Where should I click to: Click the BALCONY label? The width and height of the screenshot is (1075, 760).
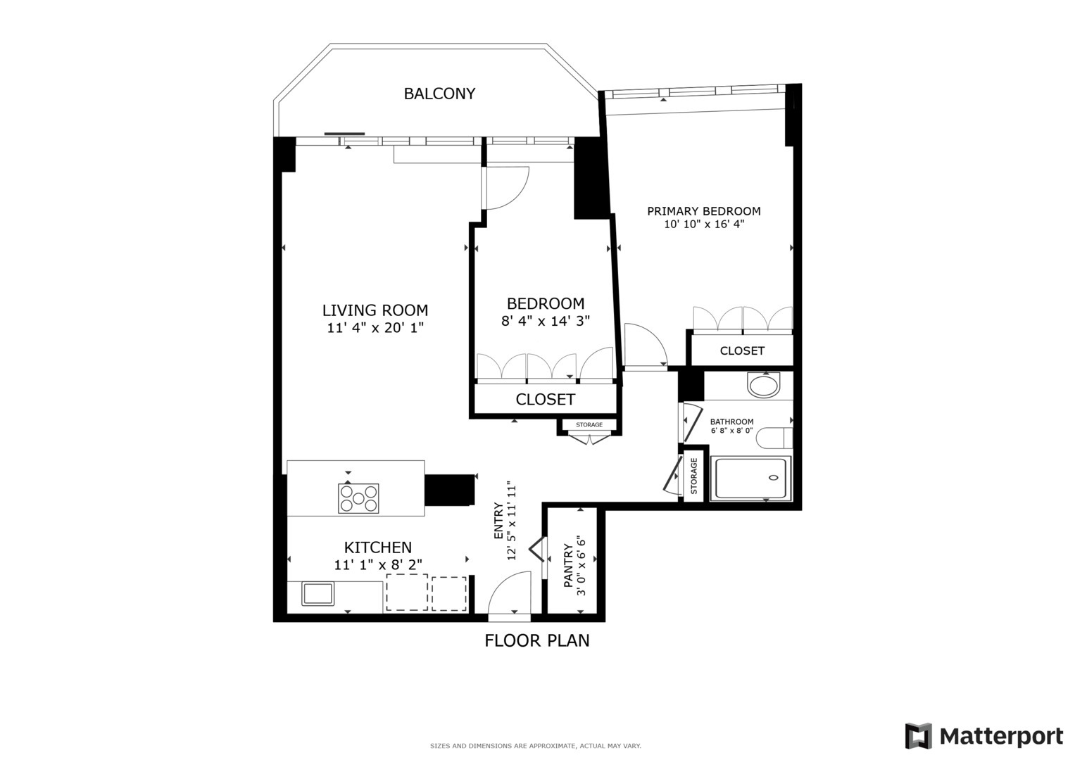(439, 94)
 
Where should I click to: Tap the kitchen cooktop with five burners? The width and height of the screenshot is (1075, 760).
(358, 498)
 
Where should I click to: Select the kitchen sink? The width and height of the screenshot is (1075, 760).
(318, 593)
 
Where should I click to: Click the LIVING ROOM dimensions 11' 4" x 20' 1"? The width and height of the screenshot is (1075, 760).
(375, 327)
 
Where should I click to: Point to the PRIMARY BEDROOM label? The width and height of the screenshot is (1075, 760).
(703, 211)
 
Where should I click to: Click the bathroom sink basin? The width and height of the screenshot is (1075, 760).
(764, 386)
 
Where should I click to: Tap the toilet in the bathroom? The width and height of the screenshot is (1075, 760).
(774, 438)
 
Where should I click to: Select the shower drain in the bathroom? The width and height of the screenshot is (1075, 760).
(774, 478)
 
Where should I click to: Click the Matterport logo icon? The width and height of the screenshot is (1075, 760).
(918, 736)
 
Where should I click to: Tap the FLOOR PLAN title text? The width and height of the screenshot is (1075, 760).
(536, 640)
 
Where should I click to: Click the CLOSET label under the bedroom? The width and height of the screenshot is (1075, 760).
(545, 400)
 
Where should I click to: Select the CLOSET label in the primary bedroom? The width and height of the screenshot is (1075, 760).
(741, 350)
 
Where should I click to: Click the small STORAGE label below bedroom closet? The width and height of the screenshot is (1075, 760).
(589, 425)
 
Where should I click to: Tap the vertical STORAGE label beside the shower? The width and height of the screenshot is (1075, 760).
(694, 476)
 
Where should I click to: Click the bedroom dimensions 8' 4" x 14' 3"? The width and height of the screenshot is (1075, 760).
(545, 321)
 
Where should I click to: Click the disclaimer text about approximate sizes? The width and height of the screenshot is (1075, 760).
(535, 746)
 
